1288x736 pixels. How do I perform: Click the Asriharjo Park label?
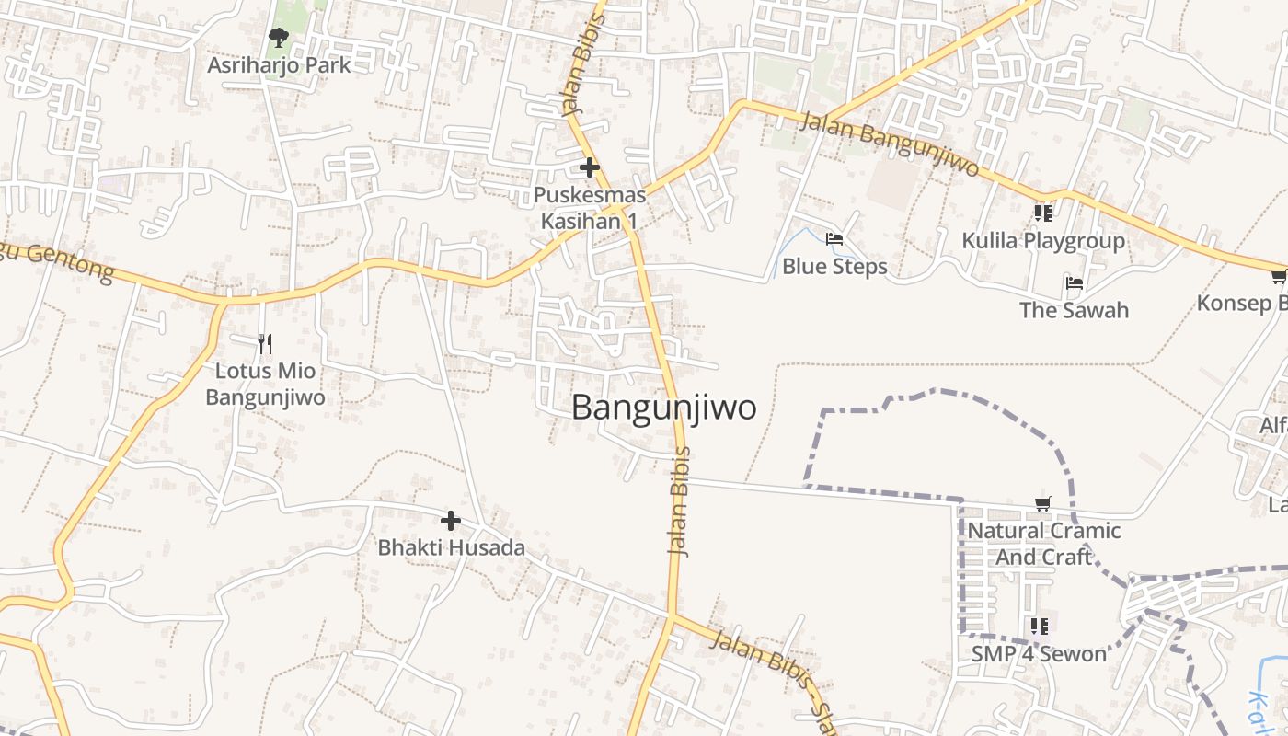tap(279, 65)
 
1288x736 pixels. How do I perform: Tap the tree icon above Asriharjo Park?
tap(278, 38)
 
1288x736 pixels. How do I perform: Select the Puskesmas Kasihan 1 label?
tap(589, 209)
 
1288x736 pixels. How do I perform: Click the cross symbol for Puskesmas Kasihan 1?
tap(590, 167)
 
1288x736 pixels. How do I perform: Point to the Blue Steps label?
tap(834, 267)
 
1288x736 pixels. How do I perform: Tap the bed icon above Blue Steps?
tap(834, 239)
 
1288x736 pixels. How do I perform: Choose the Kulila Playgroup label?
tap(1043, 241)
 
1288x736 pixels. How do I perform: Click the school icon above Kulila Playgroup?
tap(1042, 213)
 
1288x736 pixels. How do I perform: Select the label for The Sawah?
tap(1074, 310)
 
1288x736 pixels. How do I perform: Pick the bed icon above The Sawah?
tap(1074, 283)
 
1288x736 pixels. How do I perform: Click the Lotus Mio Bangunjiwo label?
tap(265, 385)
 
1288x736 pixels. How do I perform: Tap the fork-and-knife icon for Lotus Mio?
tap(265, 344)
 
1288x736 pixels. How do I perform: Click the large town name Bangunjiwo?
tap(663, 408)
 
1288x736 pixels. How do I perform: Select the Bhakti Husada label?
tap(451, 548)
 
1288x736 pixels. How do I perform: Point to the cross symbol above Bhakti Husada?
tap(451, 521)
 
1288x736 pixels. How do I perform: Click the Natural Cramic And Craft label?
tap(1043, 544)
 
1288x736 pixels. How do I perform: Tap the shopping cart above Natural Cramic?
tap(1043, 503)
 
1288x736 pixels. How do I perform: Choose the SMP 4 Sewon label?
tap(1039, 654)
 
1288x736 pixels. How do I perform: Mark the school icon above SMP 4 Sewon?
tap(1040, 627)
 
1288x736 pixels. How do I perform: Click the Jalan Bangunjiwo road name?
tap(888, 145)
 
